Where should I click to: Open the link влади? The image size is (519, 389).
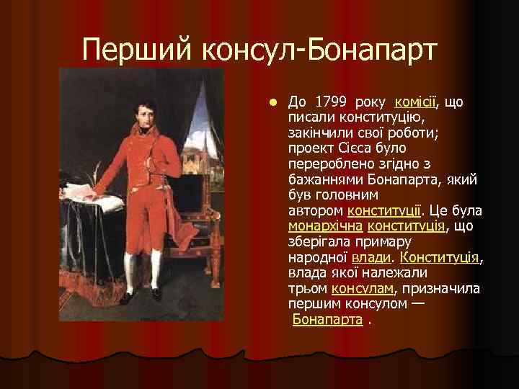click(372, 257)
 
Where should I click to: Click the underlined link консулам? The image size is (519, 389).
click(363, 288)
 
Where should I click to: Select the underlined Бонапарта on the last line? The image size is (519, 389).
click(327, 320)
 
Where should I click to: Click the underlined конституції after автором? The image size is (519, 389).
click(383, 211)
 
